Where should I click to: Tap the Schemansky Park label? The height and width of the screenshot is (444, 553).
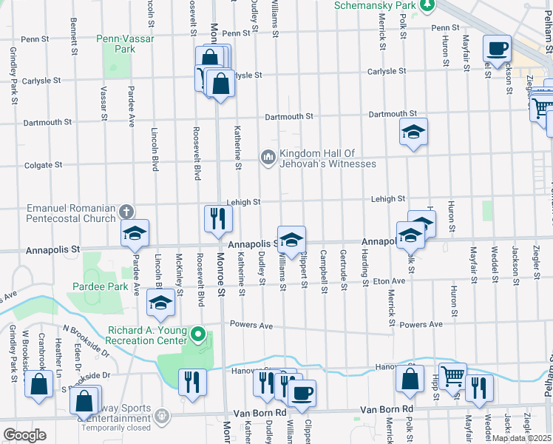pyautogui.click(x=376, y=4)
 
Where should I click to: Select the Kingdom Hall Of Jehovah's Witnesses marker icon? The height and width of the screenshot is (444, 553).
pyautogui.click(x=268, y=157)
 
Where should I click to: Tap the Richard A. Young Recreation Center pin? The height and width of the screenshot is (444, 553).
pyautogui.click(x=197, y=335)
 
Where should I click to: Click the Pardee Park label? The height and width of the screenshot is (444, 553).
pyautogui.click(x=101, y=286)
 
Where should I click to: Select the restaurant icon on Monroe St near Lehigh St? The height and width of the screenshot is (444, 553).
pyautogui.click(x=218, y=218)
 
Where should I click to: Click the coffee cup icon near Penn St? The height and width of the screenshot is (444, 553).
pyautogui.click(x=497, y=49)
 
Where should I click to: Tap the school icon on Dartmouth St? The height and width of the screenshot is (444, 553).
pyautogui.click(x=413, y=132)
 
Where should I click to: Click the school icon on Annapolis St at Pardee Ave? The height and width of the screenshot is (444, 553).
pyautogui.click(x=135, y=233)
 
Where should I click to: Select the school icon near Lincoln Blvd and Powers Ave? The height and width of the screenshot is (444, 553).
pyautogui.click(x=160, y=303)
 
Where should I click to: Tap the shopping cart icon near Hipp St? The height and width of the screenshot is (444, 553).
pyautogui.click(x=452, y=375)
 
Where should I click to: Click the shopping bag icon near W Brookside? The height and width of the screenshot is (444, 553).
pyautogui.click(x=38, y=383)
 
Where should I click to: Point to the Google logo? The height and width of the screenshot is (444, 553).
pyautogui.click(x=25, y=434)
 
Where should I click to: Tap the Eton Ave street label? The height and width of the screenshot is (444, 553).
pyautogui.click(x=389, y=281)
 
